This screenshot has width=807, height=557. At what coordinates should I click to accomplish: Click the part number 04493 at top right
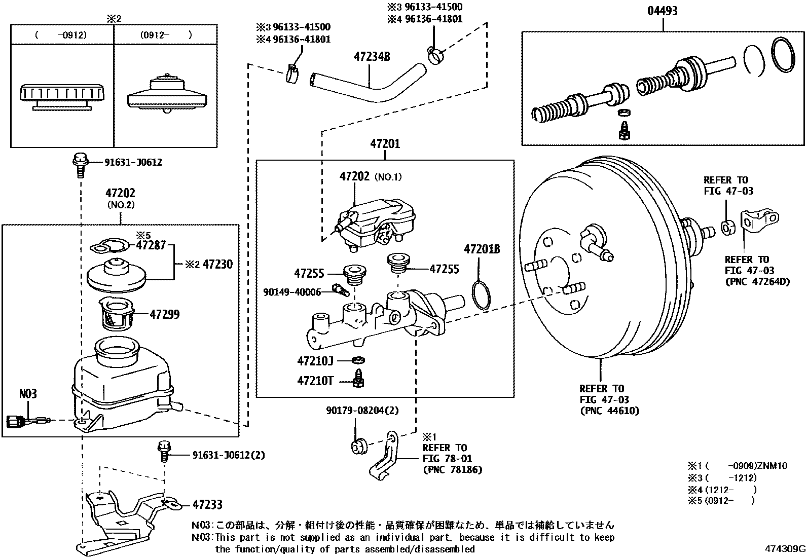[x=662, y=11]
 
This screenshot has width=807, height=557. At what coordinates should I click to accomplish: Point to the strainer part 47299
[x=116, y=314]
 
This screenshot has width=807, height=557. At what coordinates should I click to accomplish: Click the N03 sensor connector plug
[x=15, y=420]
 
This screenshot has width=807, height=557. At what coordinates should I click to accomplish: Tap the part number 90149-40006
[x=292, y=292]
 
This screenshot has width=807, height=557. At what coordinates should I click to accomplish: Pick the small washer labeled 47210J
[x=358, y=361]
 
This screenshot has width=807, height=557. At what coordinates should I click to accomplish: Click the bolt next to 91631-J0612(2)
[x=164, y=451]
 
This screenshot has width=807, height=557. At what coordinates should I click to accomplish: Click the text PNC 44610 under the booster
[x=609, y=411]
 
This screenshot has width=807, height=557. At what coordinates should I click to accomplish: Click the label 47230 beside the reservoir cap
[x=217, y=264]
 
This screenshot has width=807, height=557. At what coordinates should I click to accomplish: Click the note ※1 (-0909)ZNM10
[x=737, y=466]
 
